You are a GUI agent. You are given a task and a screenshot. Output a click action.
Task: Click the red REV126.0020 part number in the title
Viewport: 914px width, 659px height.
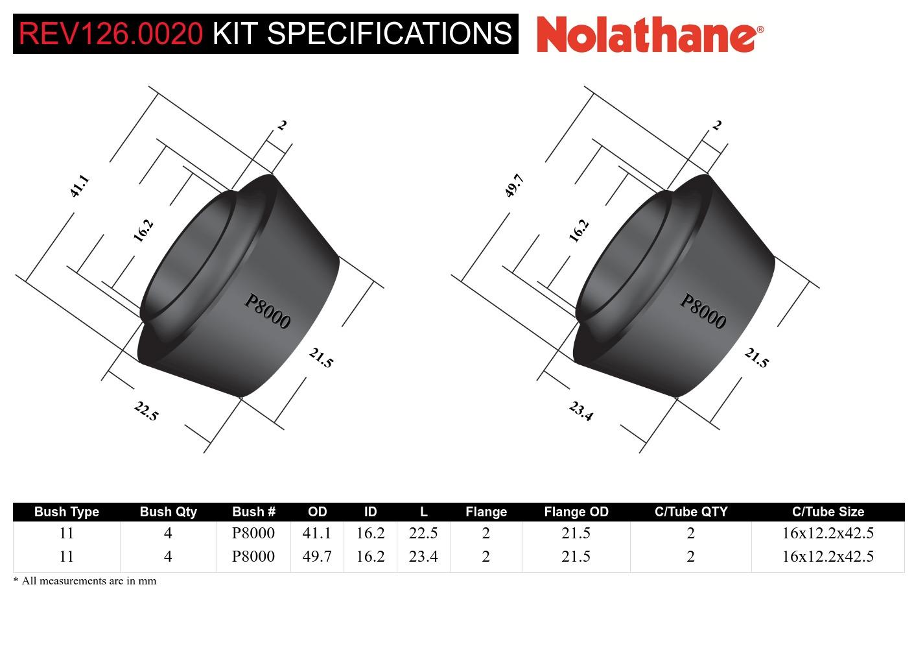111,33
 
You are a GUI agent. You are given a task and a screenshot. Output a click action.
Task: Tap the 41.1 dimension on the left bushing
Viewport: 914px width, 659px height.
79,186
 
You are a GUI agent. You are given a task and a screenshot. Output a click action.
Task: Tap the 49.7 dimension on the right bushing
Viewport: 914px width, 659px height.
514,186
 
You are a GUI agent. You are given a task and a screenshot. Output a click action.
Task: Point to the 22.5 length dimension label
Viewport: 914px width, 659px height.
146,411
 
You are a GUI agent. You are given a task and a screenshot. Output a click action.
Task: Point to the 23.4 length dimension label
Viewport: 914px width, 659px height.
581,411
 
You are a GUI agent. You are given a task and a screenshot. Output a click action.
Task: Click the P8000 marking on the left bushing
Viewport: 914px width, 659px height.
267,311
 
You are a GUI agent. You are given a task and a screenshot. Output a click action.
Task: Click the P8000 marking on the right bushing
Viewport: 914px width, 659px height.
703,311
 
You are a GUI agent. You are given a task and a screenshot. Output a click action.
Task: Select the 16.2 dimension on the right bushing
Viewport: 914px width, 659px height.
578,231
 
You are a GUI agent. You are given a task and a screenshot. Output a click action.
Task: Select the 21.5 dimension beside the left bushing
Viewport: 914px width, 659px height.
320,358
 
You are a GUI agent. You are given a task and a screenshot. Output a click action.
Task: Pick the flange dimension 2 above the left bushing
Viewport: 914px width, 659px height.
282,125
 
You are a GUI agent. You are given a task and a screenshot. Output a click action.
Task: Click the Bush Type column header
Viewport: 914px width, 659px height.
66,512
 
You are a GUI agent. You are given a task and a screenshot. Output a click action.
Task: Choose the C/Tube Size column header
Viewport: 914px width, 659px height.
828,512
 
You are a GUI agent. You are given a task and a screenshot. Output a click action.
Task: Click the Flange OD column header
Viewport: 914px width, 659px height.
576,512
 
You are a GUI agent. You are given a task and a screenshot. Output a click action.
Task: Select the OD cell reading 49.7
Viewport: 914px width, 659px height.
317,557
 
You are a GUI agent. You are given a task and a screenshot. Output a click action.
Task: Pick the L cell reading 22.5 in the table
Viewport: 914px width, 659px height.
423,533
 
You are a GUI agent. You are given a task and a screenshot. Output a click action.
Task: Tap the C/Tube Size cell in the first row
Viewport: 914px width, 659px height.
828,533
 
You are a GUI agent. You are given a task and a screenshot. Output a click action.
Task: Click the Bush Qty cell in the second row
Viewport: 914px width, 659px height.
168,557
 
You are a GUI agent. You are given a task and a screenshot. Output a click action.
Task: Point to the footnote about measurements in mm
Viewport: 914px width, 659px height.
85,581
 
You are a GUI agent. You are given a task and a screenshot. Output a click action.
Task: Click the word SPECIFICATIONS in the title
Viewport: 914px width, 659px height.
390,33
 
